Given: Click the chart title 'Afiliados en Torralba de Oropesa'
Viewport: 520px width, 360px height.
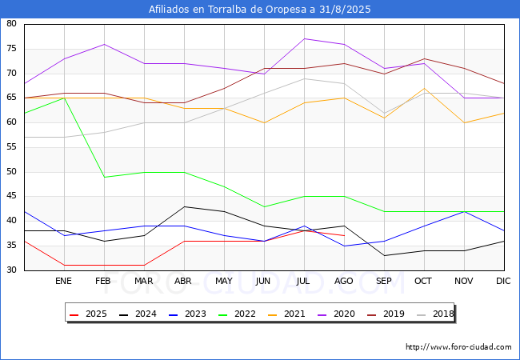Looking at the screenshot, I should [260, 10].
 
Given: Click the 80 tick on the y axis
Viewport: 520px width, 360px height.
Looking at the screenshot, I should [12, 24].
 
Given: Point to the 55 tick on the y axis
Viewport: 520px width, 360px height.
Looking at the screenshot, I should [12, 147].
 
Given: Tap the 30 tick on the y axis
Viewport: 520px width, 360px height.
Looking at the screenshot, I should [12, 270].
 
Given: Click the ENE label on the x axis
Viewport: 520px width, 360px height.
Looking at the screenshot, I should [64, 281].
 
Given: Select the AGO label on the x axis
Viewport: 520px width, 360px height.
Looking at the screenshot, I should [345, 281].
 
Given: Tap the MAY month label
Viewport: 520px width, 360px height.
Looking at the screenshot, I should [224, 281].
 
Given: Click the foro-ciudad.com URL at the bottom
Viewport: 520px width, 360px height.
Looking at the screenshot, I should [458, 347].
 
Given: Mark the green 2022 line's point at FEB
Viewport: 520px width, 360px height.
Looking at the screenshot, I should [104, 177].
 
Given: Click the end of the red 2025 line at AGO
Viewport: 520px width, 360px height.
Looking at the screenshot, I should [345, 235].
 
